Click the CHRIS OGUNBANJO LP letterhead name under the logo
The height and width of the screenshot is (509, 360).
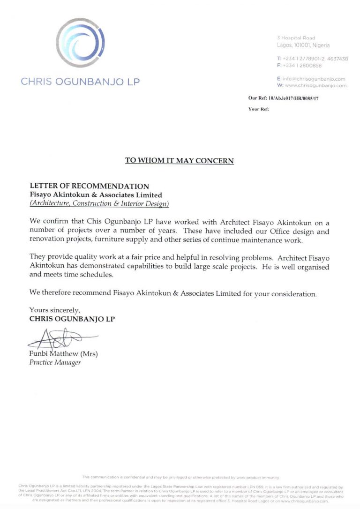pos(80,82)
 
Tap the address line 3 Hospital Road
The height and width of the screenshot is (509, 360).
pos(296,37)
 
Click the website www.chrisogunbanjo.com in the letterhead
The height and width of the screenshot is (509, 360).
pos(315,85)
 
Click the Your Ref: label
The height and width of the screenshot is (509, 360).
pos(259,109)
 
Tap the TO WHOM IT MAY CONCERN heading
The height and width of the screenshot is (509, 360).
pos(180,160)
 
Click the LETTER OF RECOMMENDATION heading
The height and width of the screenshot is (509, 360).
pos(90,186)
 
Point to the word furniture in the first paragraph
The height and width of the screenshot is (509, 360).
pos(126,240)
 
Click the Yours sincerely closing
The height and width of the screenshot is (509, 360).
pos(55,310)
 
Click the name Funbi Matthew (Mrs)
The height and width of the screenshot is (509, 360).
pos(63,353)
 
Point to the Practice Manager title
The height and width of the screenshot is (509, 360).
pos(55,362)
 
